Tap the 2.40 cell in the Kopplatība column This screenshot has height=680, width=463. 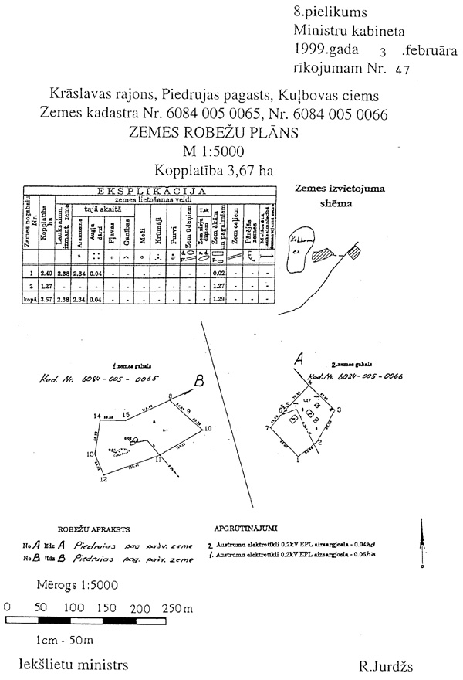pyautogui.click(x=45, y=273)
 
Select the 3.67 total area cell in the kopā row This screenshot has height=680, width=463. pyautogui.click(x=45, y=297)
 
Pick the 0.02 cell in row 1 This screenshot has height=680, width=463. pyautogui.click(x=218, y=273)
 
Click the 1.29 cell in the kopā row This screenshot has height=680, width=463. pyautogui.click(x=218, y=297)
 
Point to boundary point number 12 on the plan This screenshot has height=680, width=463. pyautogui.click(x=103, y=480)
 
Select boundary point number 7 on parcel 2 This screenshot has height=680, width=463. pyautogui.click(x=267, y=427)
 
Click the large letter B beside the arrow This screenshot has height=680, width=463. pyautogui.click(x=198, y=380)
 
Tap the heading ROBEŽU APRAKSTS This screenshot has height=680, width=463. pyautogui.click(x=77, y=530)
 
